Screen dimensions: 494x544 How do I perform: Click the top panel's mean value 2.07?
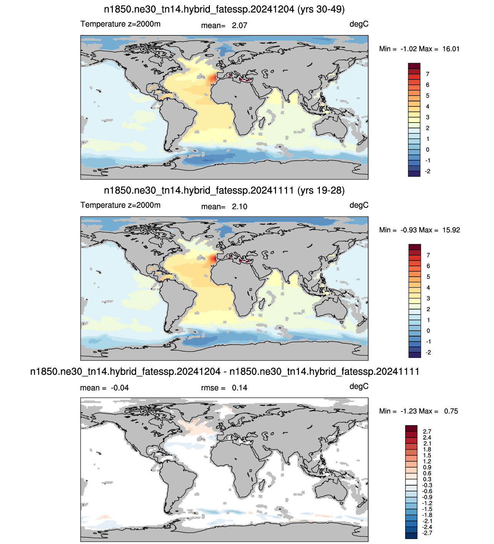[x=240, y=25]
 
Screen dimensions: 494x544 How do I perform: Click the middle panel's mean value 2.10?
[x=240, y=207]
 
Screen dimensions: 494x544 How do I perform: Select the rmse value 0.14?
[x=240, y=388]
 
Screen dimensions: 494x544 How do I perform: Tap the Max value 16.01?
[x=451, y=49]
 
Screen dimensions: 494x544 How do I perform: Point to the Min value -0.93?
[x=409, y=230]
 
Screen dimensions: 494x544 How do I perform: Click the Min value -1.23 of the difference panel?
[x=409, y=411]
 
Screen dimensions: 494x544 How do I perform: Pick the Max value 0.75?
[x=451, y=411]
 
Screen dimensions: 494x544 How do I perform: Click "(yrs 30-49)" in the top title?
[x=321, y=10]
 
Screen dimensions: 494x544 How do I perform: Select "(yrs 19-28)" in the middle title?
[x=321, y=191]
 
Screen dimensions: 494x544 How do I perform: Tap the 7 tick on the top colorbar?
[x=427, y=74]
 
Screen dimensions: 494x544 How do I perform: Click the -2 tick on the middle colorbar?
[x=428, y=353]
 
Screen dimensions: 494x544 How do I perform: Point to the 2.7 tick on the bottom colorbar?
[x=427, y=431]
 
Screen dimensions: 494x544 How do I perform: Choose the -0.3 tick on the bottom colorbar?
[x=427, y=485]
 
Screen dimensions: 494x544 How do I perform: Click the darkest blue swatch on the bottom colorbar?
[x=411, y=536]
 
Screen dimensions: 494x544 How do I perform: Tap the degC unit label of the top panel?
[x=359, y=24]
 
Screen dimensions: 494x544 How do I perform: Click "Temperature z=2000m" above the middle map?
[x=120, y=205]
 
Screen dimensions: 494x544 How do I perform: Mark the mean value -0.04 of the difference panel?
[x=120, y=388]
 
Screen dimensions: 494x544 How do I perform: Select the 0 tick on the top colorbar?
[x=427, y=150]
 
